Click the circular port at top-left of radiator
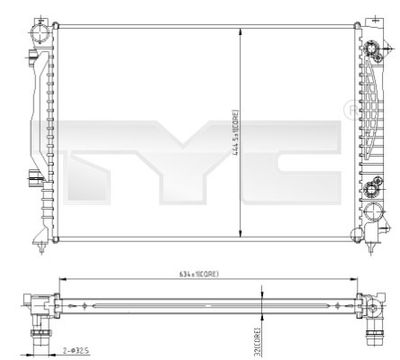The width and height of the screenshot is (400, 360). point(40,31)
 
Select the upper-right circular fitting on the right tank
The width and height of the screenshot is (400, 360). point(370,50)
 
